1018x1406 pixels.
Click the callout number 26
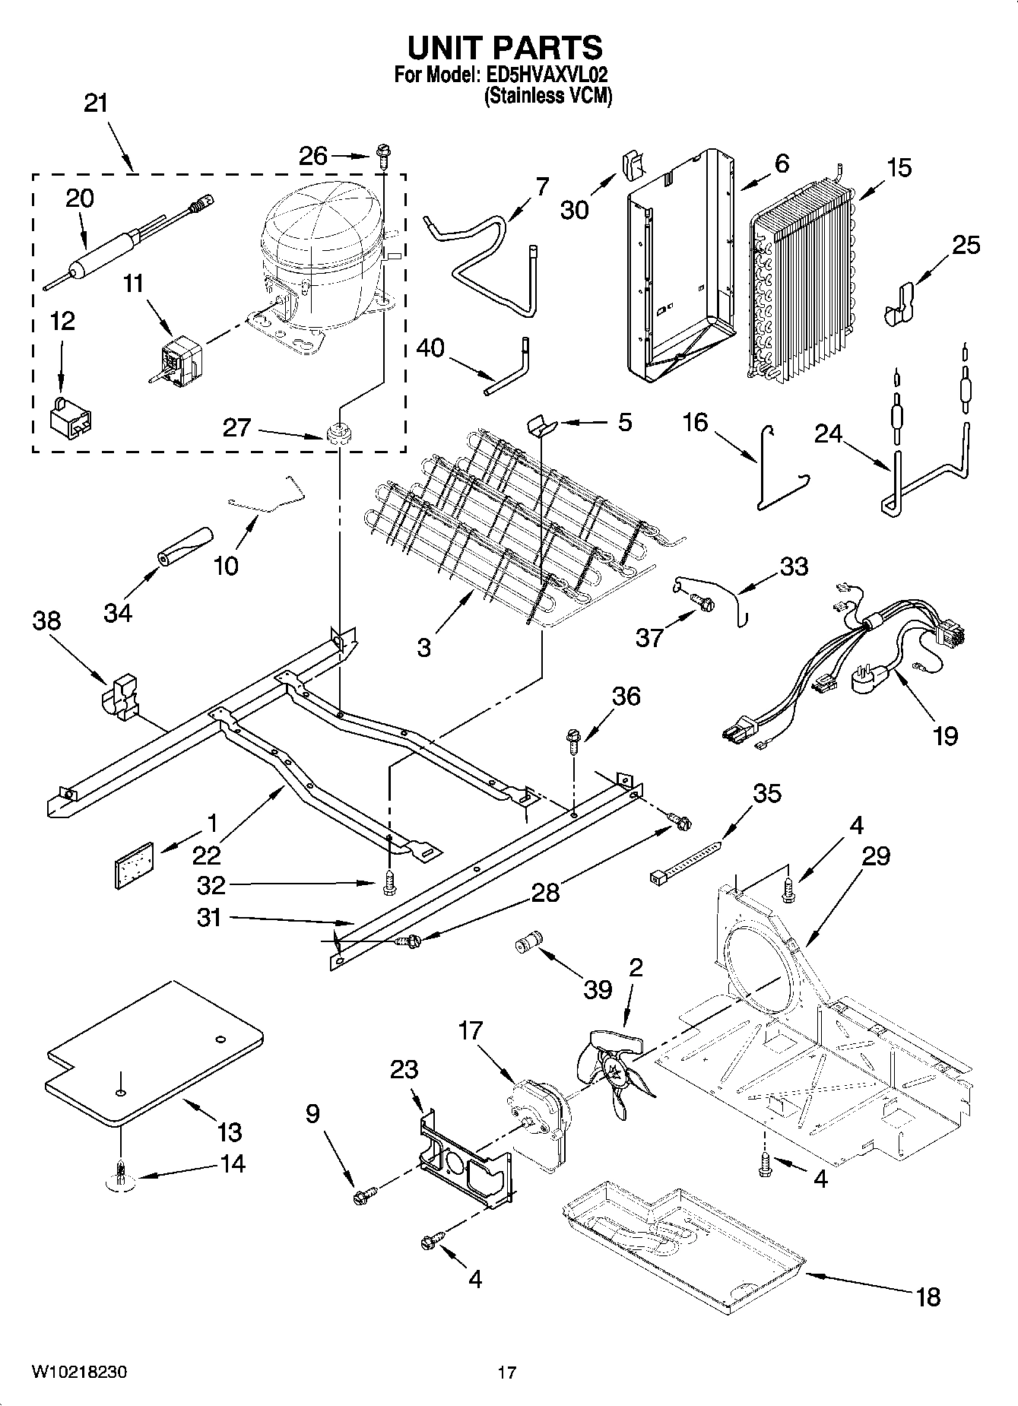(312, 156)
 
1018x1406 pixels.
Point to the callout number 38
(46, 621)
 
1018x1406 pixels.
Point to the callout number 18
(928, 1296)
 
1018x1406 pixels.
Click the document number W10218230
(78, 1372)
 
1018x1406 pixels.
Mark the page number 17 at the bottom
(507, 1373)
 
